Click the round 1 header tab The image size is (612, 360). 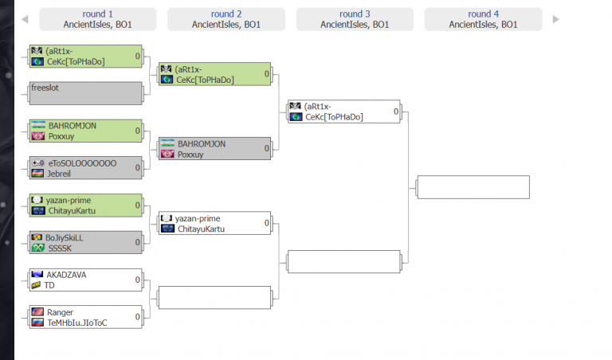coord(97,19)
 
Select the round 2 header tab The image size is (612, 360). coord(226,19)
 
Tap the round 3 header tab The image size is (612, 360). coord(355,19)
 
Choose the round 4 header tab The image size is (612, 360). coord(483,19)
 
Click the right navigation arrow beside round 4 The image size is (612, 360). coord(555,19)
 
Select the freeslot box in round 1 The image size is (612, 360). coord(85,93)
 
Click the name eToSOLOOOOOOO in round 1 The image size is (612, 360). coord(81,162)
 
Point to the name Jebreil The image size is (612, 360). coord(61,173)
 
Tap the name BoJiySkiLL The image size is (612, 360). coord(65,237)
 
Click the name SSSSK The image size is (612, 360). coord(60,248)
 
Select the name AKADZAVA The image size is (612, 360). coord(66,275)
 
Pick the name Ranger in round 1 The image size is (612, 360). coord(60,312)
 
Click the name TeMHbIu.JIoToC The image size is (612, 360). coord(76,323)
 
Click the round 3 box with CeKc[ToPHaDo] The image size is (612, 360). coord(344,112)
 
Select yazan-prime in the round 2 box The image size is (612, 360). coord(198,218)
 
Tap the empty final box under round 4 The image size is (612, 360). coord(473,187)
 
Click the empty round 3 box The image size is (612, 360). coord(344,262)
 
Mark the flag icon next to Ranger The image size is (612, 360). coord(37,312)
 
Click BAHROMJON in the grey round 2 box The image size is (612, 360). coord(202,144)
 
